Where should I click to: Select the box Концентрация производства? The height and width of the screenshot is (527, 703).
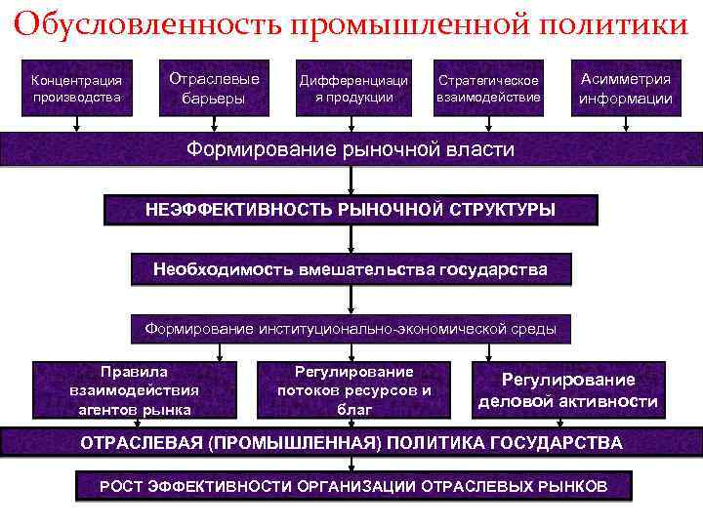click(x=76, y=87)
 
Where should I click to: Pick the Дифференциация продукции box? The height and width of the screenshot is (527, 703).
click(x=352, y=88)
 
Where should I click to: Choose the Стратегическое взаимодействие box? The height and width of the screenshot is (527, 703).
click(x=489, y=89)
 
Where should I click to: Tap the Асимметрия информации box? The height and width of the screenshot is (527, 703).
click(x=625, y=88)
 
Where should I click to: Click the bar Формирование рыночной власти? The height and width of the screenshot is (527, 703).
click(x=351, y=149)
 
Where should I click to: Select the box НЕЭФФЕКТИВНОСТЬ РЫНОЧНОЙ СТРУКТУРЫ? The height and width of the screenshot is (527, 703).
click(x=351, y=210)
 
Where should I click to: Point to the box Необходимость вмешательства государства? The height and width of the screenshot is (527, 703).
click(x=351, y=269)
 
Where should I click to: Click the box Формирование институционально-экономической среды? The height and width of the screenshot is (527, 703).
click(x=351, y=329)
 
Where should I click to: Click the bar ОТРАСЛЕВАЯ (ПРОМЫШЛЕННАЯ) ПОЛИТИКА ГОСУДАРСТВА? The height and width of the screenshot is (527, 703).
click(x=351, y=442)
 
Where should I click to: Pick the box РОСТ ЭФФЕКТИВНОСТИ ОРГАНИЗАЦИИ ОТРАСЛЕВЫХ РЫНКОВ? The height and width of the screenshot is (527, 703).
click(x=353, y=486)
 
